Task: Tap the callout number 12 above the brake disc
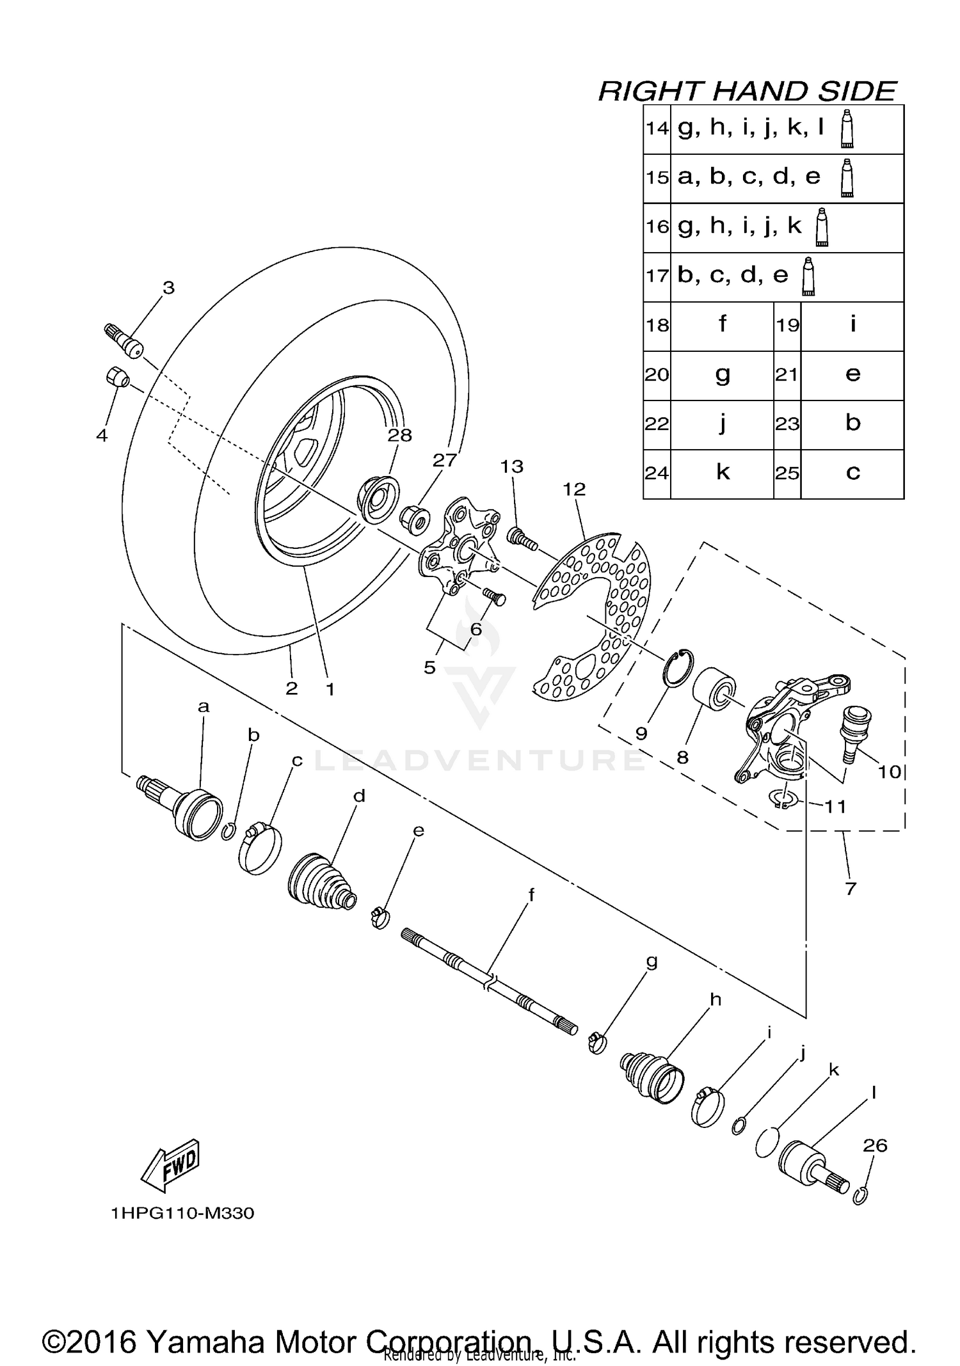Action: click(x=574, y=489)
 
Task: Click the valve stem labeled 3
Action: click(x=125, y=342)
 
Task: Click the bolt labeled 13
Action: click(x=522, y=537)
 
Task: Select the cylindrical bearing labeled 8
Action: click(x=713, y=694)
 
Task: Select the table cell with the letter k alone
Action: click(x=722, y=473)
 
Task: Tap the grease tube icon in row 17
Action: click(x=809, y=276)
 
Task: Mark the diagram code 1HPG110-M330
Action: click(x=182, y=1214)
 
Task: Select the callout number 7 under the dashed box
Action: click(x=851, y=888)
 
